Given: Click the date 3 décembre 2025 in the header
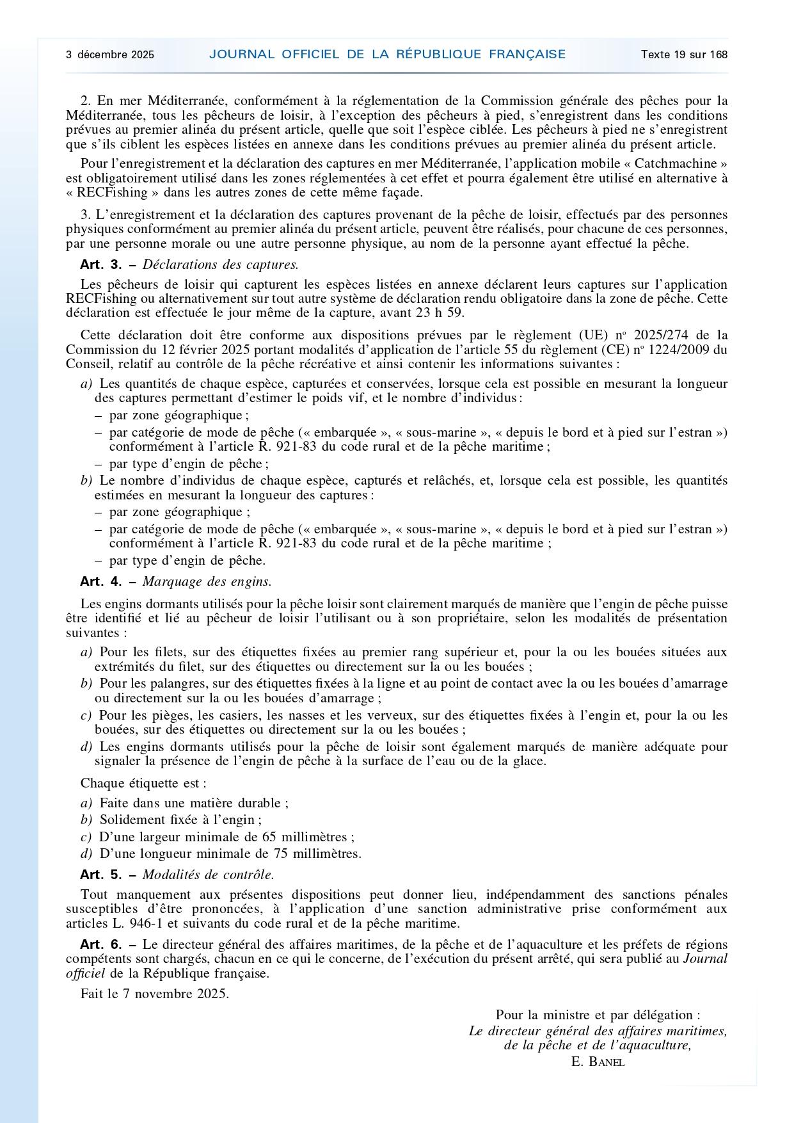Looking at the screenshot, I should click(x=110, y=54).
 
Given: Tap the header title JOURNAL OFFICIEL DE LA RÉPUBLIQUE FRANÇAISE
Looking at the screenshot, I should click(x=387, y=54).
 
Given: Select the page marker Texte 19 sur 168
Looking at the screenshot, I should click(x=684, y=54).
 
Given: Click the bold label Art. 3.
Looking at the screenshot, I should click(x=100, y=264).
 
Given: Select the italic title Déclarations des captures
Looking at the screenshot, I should click(x=220, y=264).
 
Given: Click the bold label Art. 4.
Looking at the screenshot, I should click(x=100, y=581).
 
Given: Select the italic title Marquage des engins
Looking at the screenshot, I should click(x=207, y=581).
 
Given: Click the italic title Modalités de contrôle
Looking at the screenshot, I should click(x=208, y=875).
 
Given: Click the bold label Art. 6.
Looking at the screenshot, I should click(x=100, y=944).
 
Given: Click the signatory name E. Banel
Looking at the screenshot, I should click(x=598, y=1062).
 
